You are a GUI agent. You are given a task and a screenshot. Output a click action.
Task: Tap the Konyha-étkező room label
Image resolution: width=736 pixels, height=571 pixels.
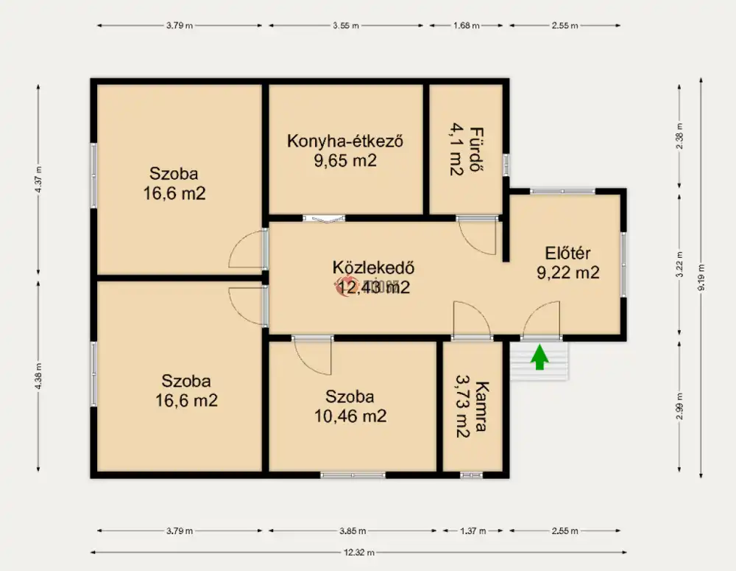(344, 141)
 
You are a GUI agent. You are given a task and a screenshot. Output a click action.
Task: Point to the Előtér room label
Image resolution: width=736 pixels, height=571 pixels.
(567, 253)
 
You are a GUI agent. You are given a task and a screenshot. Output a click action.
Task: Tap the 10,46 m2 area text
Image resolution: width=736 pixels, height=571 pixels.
(350, 416)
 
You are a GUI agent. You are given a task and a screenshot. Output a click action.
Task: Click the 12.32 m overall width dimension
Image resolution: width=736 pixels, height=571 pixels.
(360, 552)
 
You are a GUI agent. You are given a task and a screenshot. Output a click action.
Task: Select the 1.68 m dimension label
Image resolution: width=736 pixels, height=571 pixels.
(465, 25)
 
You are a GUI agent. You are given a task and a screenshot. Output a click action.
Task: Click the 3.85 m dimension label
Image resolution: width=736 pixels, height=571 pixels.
(354, 530)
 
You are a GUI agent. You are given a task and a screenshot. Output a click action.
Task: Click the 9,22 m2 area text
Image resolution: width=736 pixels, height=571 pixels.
(567, 273)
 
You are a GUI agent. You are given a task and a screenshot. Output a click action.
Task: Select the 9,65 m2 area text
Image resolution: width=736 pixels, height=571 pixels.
(344, 160)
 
